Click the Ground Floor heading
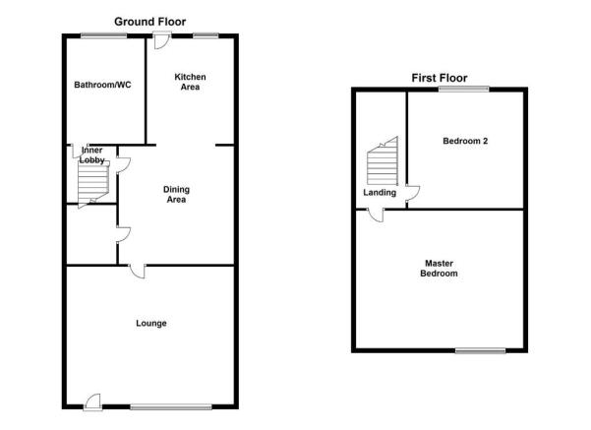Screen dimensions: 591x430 tap(150, 22)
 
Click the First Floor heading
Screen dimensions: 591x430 tap(440, 78)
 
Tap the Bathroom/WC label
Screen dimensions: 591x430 tap(102, 85)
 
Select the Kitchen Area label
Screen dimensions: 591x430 tap(190, 82)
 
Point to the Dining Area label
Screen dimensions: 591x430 tap(176, 194)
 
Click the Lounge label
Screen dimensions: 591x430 tap(151, 324)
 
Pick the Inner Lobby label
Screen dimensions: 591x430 tap(91, 155)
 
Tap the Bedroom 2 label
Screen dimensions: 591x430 tap(465, 141)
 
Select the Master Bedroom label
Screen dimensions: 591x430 tap(440, 269)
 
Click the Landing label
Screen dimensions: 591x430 tap(380, 193)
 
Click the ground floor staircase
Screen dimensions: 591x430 tap(93, 185)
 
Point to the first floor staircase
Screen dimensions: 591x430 tap(383, 161)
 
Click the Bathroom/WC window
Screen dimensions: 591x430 tap(103, 35)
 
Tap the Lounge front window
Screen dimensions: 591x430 tap(171, 407)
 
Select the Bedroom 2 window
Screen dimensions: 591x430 tap(463, 89)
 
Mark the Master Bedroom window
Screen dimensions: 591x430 tap(480, 350)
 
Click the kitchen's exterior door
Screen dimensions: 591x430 tap(161, 40)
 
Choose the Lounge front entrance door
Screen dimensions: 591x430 tap(92, 402)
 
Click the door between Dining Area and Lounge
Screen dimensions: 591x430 tap(138, 271)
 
